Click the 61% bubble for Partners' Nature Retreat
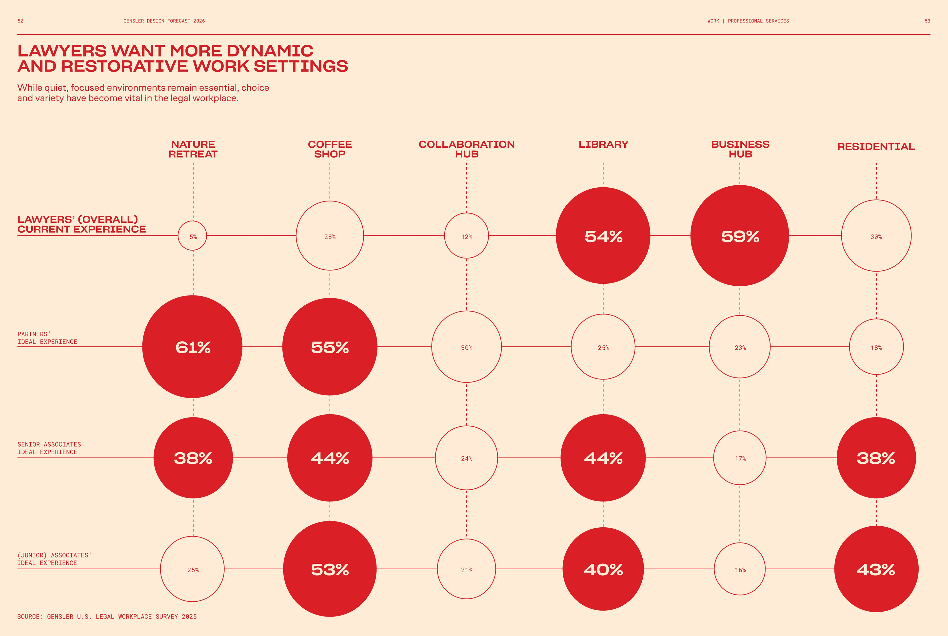(x=193, y=347)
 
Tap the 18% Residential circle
(x=876, y=347)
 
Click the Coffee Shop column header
(x=330, y=149)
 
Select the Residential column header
(x=876, y=146)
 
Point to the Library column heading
(x=603, y=144)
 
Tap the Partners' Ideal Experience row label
(x=47, y=338)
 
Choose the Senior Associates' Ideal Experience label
(x=50, y=448)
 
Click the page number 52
(x=20, y=21)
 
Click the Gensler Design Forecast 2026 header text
(x=164, y=21)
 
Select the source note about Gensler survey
(x=107, y=616)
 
